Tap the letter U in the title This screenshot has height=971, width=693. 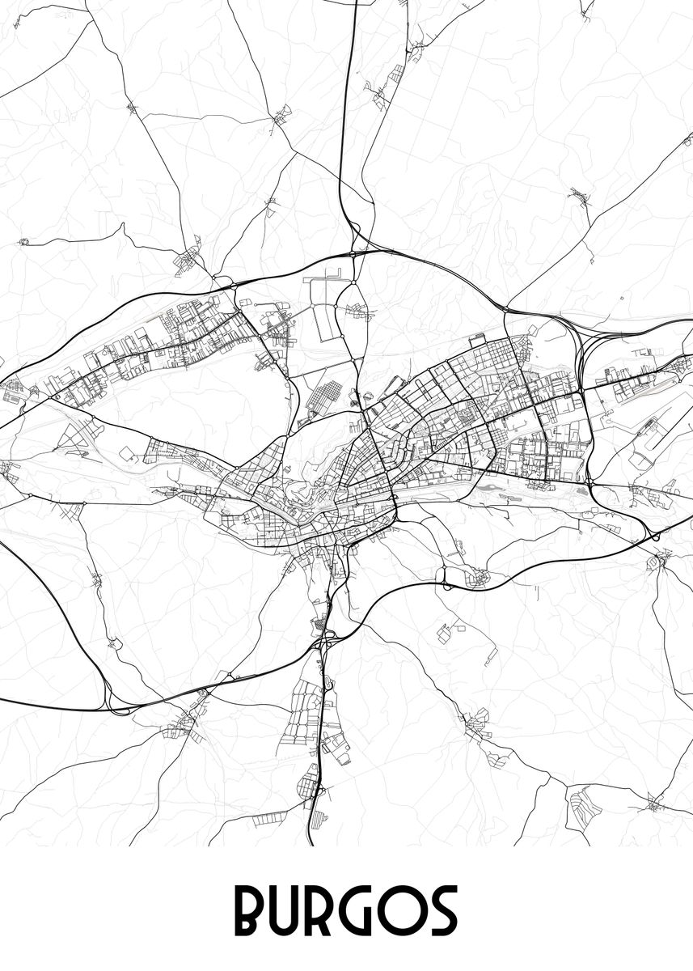click(x=294, y=911)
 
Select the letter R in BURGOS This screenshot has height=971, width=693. click(x=337, y=911)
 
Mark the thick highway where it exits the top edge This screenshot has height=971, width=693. click(x=356, y=4)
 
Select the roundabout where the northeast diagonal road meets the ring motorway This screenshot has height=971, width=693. click(x=507, y=308)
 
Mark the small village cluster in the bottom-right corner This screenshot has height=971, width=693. click(x=655, y=804)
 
